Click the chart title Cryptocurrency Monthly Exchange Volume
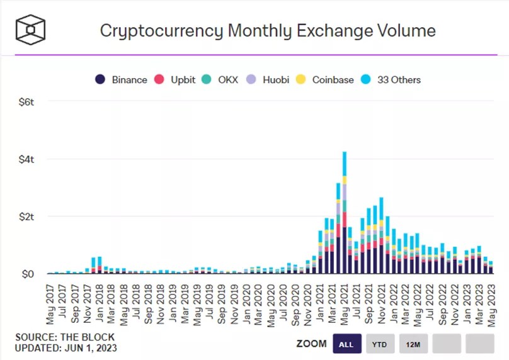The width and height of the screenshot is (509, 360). [268, 30]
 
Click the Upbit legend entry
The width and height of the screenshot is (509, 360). [177, 80]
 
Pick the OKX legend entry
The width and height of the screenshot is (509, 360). [220, 80]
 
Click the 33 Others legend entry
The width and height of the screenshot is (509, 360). [392, 80]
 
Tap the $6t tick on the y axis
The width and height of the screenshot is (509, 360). [27, 101]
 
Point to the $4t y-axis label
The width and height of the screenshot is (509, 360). [27, 159]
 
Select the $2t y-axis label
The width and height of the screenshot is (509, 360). [27, 217]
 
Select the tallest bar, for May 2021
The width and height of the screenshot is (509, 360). [345, 214]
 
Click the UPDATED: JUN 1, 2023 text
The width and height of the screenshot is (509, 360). [66, 347]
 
